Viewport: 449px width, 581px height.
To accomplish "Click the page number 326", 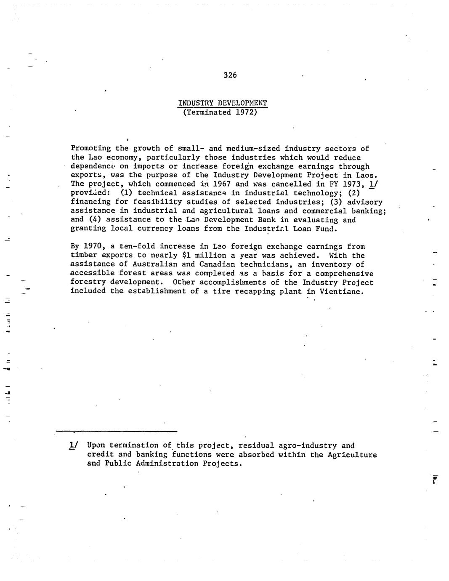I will tap(230, 75).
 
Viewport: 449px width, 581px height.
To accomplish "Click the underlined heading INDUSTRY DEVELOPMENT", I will tap(223, 103).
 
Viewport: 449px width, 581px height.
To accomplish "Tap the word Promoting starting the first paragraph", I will tap(91, 148).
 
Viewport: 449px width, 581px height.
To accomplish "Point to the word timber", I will tap(84, 256).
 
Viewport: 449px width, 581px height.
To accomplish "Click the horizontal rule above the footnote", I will tap(116, 431).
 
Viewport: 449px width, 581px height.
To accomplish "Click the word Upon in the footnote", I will tap(96, 445).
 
